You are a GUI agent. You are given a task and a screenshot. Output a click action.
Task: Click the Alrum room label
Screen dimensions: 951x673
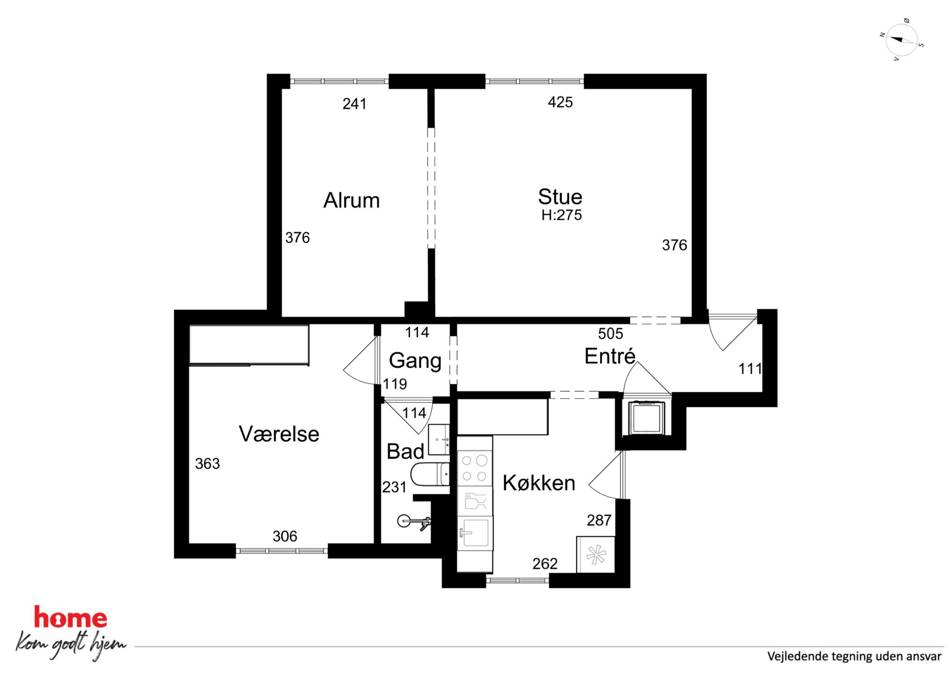pos(351,200)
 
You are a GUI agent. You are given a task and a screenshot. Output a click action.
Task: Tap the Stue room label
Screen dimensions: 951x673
pos(560,197)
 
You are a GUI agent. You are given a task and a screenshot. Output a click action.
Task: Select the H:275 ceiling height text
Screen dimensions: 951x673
pos(561,215)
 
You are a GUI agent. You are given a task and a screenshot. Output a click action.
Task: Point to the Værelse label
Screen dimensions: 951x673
pos(279,434)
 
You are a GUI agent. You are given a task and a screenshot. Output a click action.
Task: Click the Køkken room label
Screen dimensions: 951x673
pos(539,483)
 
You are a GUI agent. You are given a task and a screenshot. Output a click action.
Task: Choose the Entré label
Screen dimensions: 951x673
pos(610,355)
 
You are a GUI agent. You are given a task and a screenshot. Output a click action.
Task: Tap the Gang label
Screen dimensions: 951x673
pos(415,361)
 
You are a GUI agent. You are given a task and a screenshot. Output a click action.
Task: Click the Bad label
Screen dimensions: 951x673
pos(405,451)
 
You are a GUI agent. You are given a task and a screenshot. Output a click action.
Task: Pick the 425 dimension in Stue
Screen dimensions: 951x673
pos(560,102)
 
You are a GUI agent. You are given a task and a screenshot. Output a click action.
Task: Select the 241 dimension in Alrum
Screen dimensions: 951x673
pos(355,104)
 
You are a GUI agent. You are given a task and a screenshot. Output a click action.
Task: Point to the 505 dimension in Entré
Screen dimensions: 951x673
pos(610,333)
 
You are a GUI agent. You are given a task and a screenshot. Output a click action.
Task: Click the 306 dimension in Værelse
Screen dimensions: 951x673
pos(285,536)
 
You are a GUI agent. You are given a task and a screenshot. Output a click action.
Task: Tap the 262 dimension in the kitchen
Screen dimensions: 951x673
pos(545,563)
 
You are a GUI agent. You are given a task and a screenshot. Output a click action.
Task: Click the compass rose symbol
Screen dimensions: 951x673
pos(902,40)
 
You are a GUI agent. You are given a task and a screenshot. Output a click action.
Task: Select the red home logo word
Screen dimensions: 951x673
pos(70,617)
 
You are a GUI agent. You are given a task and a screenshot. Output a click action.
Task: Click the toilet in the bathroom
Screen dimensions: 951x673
pos(430,474)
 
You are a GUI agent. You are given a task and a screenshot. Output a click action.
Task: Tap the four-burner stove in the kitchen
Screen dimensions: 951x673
pos(475,468)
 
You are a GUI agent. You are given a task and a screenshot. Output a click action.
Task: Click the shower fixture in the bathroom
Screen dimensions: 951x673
pos(415,522)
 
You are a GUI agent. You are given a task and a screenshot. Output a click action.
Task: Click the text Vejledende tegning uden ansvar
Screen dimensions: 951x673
pos(854,656)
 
